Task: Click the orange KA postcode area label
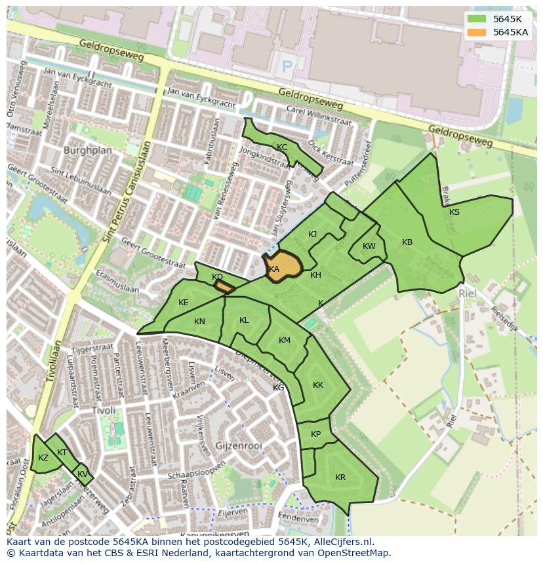[274, 269]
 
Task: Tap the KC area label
[282, 147]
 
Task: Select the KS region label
[454, 212]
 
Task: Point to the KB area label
[407, 242]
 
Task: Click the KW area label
[369, 246]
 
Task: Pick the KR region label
[340, 478]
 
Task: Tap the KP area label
[316, 434]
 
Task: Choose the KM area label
[284, 341]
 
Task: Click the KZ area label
[43, 458]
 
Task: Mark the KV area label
[83, 474]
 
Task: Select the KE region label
[184, 303]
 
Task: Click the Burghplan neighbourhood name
[88, 150]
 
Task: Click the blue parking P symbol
[286, 66]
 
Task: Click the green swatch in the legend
[477, 19]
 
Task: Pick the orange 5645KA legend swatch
[477, 32]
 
